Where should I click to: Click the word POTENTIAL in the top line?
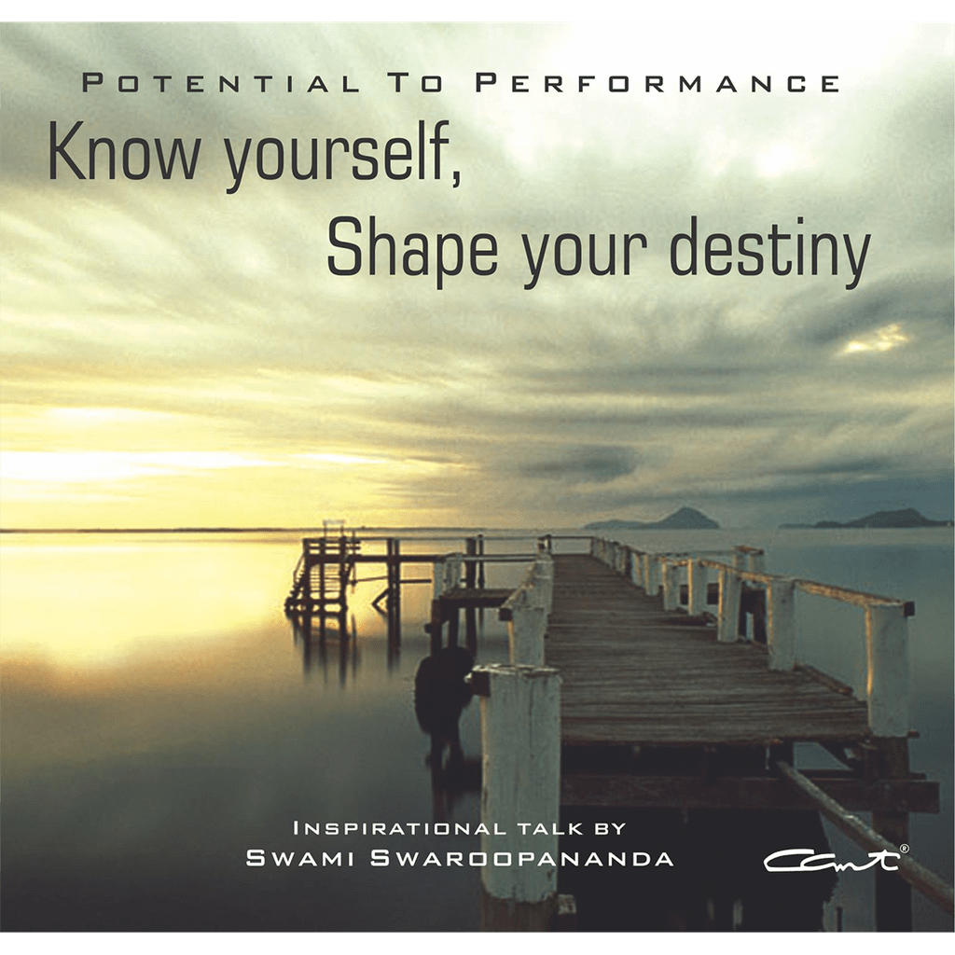pyautogui.click(x=221, y=83)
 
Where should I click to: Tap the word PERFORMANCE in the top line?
pyautogui.click(x=657, y=83)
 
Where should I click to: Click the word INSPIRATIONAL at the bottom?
pyautogui.click(x=399, y=828)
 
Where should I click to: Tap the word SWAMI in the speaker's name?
pyautogui.click(x=298, y=858)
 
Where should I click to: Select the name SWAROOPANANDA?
pyautogui.click(x=522, y=858)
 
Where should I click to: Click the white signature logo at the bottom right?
pyautogui.click(x=832, y=861)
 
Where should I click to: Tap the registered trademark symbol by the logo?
pyautogui.click(x=905, y=847)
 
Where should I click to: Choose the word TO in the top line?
pyautogui.click(x=417, y=83)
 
